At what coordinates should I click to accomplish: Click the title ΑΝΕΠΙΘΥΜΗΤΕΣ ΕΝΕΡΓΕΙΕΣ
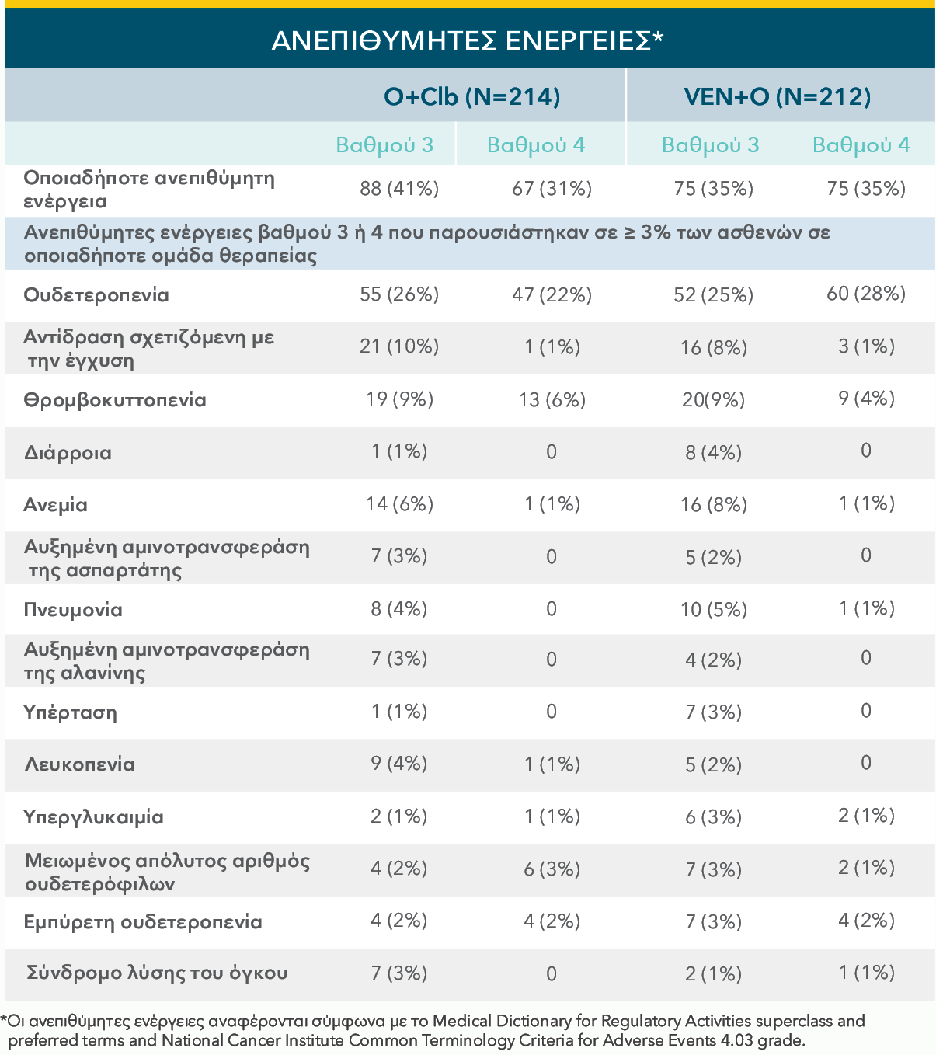click(x=468, y=40)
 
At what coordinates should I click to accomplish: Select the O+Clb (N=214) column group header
click(x=471, y=96)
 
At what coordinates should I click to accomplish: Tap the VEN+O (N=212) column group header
click(x=777, y=96)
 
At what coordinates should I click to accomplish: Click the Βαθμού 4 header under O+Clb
click(x=535, y=145)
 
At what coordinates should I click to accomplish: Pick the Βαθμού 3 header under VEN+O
click(x=710, y=145)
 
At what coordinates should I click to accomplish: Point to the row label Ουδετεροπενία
click(x=96, y=295)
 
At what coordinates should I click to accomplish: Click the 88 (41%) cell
click(x=399, y=189)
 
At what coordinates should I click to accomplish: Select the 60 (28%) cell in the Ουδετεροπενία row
click(x=866, y=294)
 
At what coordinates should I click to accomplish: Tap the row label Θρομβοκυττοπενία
click(x=115, y=401)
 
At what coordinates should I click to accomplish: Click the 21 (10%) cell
click(x=399, y=346)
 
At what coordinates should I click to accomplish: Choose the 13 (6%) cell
click(x=552, y=400)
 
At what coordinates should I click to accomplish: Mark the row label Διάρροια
click(x=68, y=453)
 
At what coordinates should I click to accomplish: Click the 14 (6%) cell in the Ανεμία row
click(x=399, y=504)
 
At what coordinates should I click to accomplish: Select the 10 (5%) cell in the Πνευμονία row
click(x=713, y=610)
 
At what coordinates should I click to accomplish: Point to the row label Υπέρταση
click(x=70, y=713)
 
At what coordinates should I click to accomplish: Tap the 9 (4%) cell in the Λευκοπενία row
click(x=399, y=764)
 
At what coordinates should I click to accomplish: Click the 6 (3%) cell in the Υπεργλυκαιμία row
click(x=713, y=817)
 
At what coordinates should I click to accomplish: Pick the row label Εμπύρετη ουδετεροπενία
click(x=143, y=922)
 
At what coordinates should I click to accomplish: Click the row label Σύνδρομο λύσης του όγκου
click(x=157, y=973)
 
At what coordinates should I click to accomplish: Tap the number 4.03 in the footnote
click(x=737, y=1040)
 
